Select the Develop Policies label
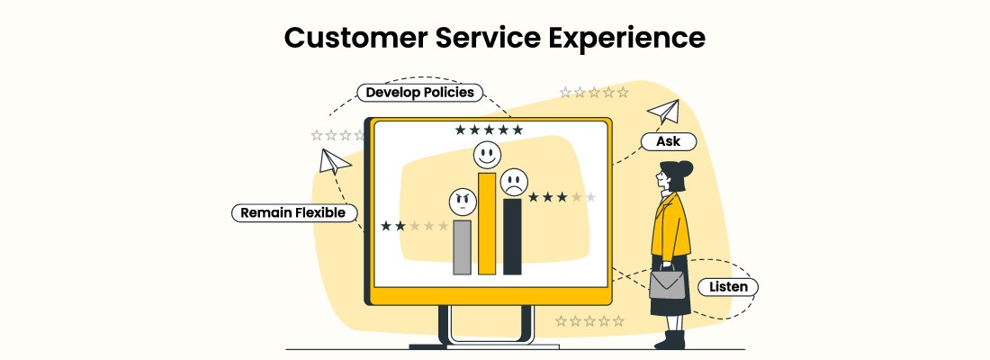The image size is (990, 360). click(419, 93)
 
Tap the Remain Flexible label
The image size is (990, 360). click(294, 213)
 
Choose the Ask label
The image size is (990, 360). click(668, 141)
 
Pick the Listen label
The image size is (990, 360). click(728, 287)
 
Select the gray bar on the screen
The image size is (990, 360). click(462, 247)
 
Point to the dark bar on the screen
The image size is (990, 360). click(512, 236)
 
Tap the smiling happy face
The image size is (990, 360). click(486, 154)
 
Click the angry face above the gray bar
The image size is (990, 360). click(461, 202)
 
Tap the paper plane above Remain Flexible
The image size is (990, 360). click(333, 162)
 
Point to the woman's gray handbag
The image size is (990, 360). click(666, 283)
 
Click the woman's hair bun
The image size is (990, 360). click(687, 168)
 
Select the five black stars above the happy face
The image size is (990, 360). click(489, 130)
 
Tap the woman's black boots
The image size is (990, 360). click(670, 339)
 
